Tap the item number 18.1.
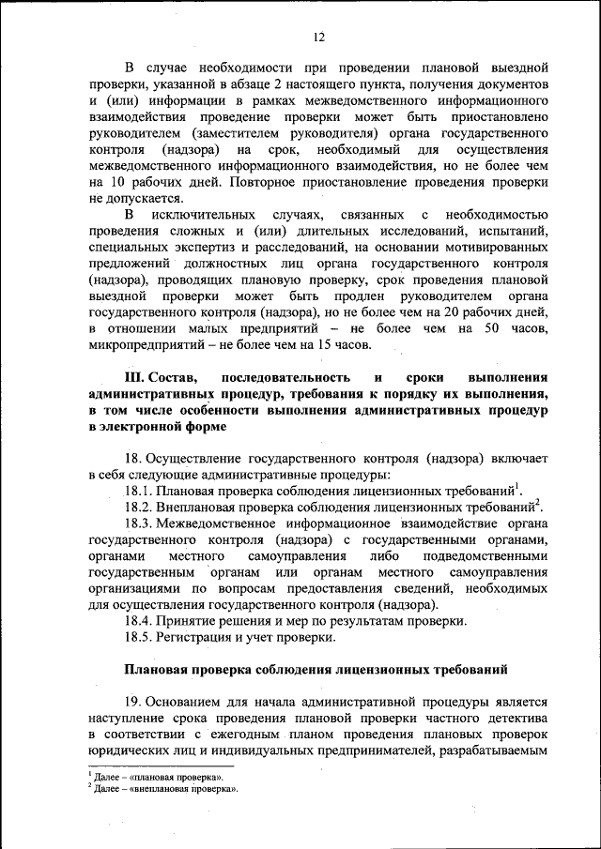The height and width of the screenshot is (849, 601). (138, 491)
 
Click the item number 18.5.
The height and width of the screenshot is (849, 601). (138, 637)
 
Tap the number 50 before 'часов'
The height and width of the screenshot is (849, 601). (491, 327)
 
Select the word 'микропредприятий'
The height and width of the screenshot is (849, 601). (146, 344)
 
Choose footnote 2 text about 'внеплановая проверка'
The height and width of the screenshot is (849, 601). (164, 789)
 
